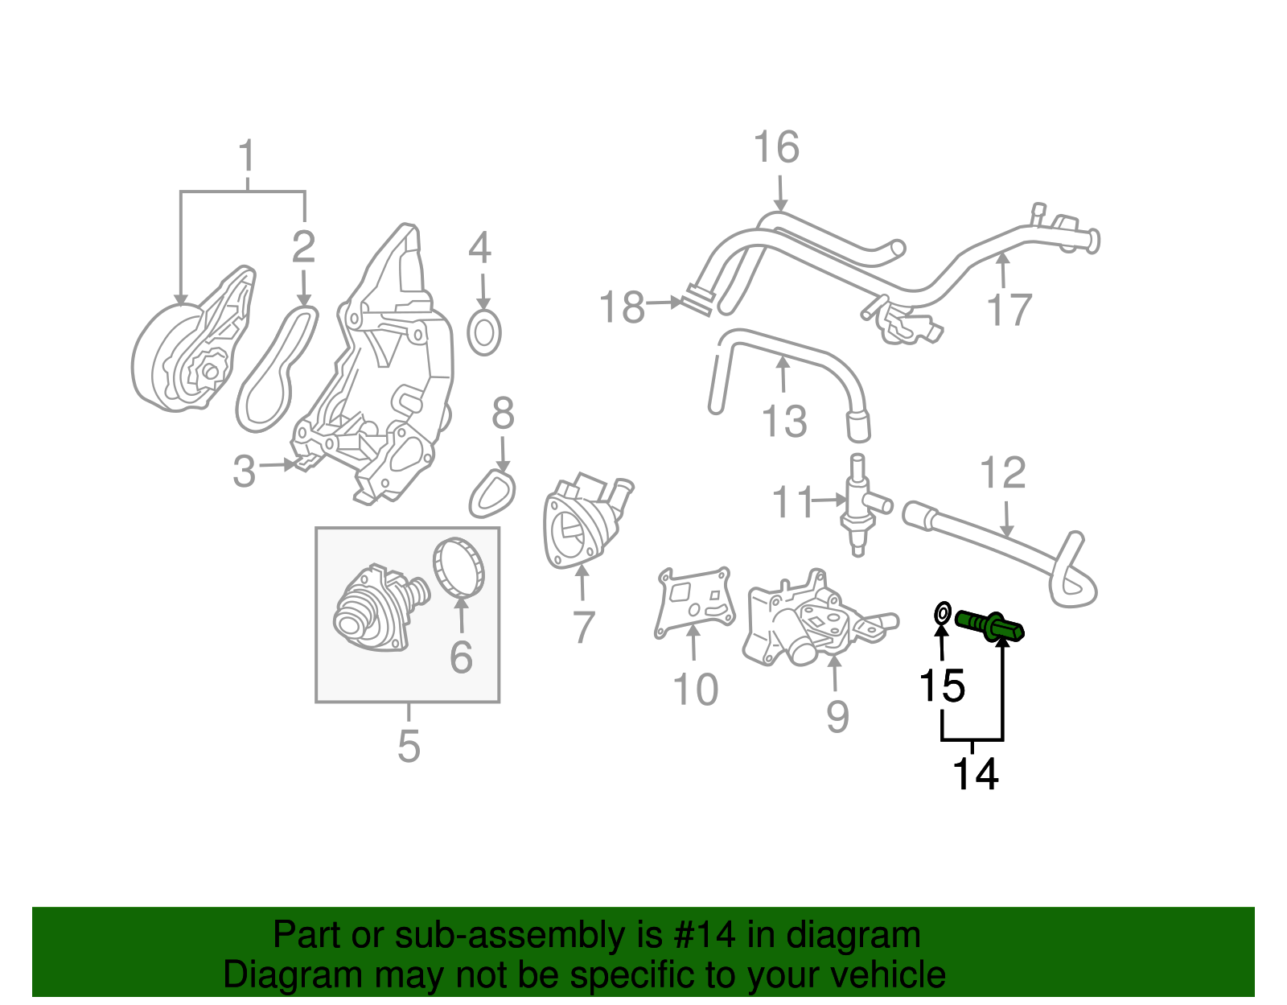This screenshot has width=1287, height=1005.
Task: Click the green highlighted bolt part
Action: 989,625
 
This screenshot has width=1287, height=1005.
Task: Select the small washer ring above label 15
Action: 943,614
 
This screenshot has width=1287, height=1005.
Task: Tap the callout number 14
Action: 975,774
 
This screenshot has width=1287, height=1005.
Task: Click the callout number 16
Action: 776,148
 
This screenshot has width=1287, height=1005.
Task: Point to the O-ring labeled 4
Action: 484,333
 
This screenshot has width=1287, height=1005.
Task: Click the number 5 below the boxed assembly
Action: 409,747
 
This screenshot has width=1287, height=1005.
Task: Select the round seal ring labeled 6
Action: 460,568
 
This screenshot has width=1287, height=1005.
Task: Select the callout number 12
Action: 1003,474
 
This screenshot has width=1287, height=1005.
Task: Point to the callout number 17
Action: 1009,311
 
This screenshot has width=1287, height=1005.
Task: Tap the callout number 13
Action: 784,422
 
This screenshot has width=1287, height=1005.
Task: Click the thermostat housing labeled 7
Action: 586,522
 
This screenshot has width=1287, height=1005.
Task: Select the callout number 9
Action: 837,715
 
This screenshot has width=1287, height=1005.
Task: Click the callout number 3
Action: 245,472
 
